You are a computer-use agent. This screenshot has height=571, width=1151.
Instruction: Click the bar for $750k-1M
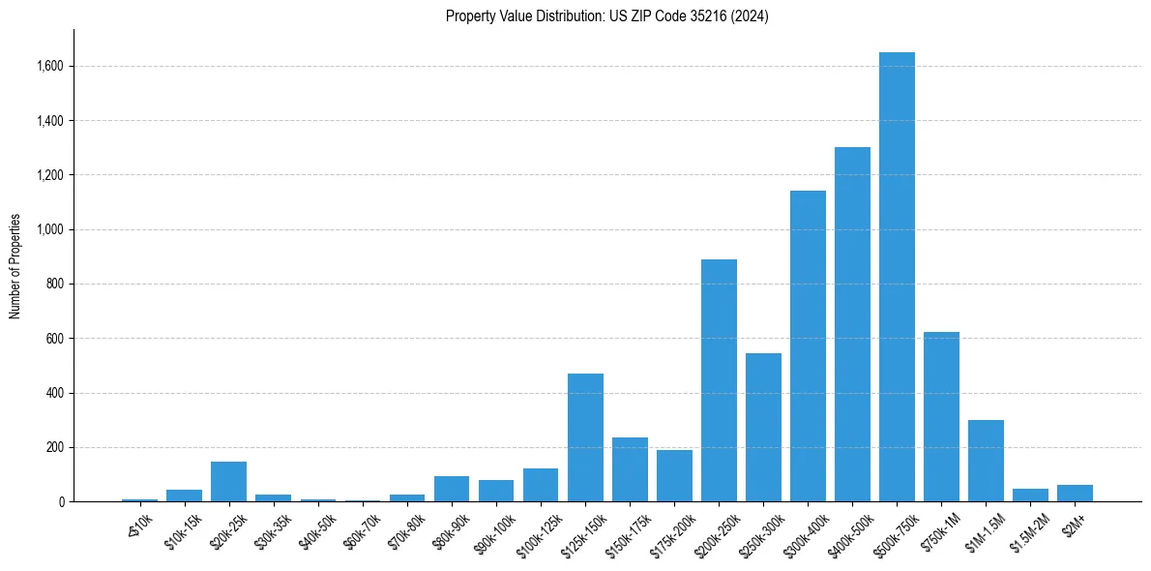941,417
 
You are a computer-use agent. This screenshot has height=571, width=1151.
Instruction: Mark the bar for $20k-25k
228,482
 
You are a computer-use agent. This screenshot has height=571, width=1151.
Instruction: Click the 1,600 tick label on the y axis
50,67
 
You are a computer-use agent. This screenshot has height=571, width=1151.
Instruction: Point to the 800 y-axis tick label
55,285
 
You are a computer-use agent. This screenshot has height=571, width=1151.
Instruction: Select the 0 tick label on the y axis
61,502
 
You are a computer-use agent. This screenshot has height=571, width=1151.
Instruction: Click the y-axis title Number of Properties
15,265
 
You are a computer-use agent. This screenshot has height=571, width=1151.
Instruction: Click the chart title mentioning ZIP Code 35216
607,16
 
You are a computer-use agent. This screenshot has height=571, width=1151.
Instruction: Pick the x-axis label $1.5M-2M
1029,531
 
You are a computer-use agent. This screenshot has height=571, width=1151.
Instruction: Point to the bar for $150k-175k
630,469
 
